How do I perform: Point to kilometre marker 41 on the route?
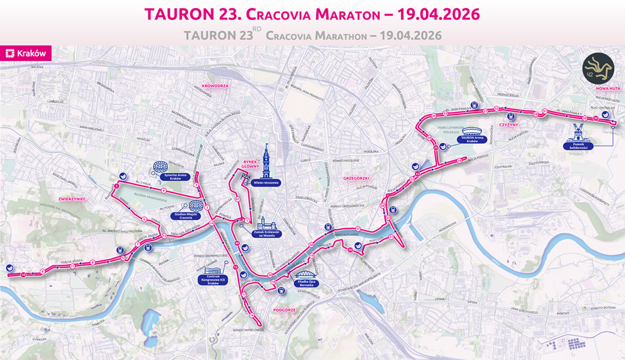point(238,200)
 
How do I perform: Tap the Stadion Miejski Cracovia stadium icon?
point(196,206)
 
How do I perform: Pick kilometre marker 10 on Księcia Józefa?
point(24,275)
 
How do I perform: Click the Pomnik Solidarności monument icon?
point(579,131)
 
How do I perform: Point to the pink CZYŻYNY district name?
point(506,125)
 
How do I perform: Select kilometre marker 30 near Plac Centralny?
point(595,118)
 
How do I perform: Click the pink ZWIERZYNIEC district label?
point(72,199)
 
